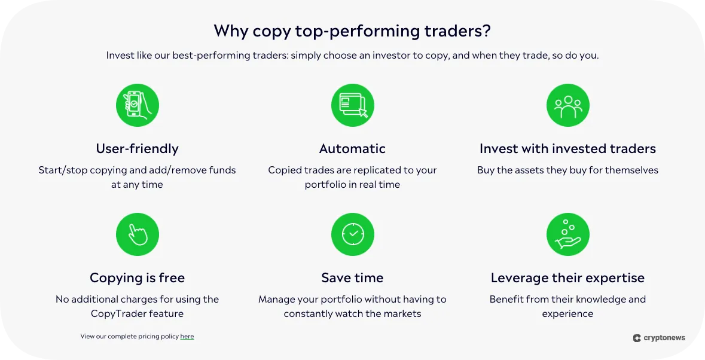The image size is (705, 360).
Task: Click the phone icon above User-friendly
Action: coord(137,105)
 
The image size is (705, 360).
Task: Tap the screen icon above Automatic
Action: coord(352,105)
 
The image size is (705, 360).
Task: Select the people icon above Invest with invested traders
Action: coord(567,105)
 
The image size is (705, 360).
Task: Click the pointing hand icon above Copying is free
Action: coord(137,234)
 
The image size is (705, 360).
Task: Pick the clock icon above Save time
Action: coord(352,234)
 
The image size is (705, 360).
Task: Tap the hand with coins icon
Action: coord(567,234)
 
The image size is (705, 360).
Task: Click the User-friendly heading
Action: coord(137,148)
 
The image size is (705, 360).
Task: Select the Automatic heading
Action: coord(352,148)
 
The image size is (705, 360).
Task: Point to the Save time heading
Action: coord(352,277)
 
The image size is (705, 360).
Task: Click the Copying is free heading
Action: coord(137,277)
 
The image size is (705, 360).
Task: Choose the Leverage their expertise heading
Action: coord(567,277)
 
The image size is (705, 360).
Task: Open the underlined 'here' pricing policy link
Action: coord(187,337)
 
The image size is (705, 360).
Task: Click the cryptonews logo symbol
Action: coord(637,338)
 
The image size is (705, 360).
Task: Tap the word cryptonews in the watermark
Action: coord(664,338)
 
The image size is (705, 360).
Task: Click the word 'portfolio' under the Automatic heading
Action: coord(325,184)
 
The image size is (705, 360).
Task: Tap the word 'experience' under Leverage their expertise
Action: coord(567,313)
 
